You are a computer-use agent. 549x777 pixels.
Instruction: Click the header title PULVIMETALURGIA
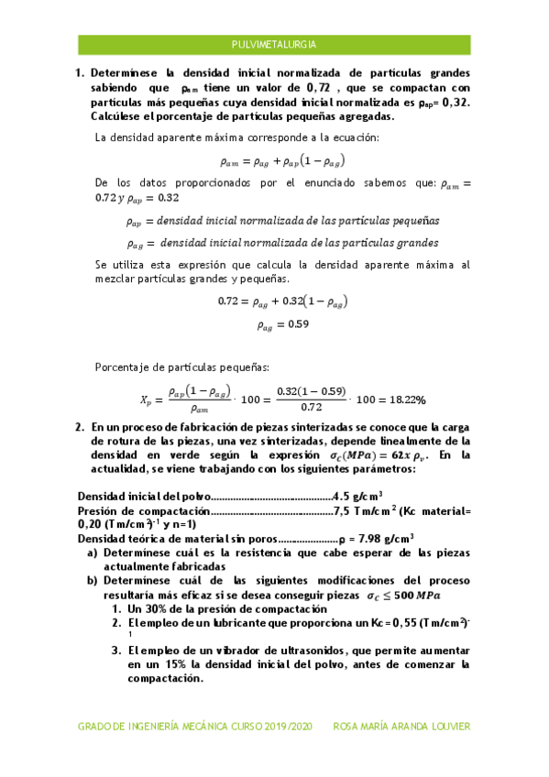coord(274,43)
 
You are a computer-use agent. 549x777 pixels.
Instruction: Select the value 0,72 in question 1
coord(317,88)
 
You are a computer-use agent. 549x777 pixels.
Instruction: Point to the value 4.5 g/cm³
coord(358,497)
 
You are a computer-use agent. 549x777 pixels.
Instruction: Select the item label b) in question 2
coord(93,580)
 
